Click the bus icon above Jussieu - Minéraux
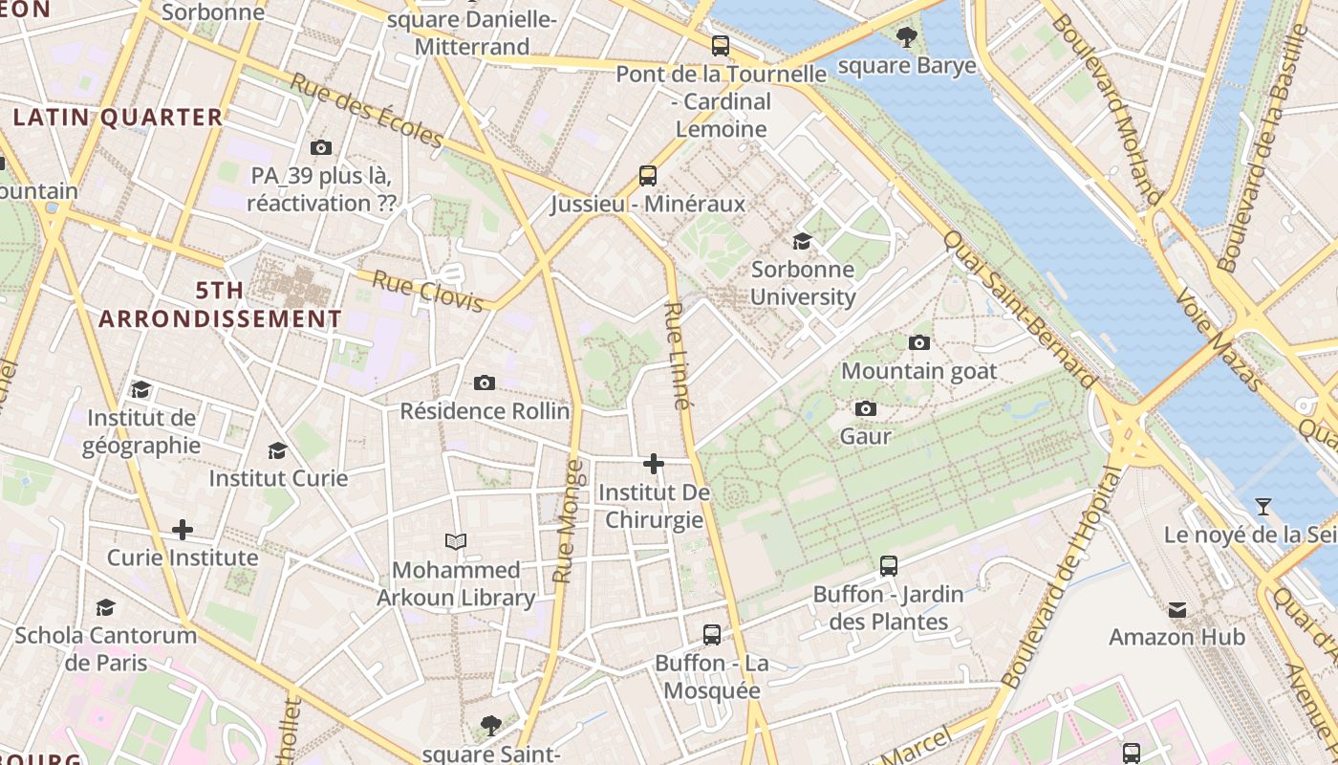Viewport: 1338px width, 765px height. click(x=648, y=175)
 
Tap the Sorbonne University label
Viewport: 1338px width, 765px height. click(x=803, y=283)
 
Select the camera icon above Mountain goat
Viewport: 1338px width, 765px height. click(x=918, y=342)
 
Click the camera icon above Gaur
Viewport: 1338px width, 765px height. click(x=866, y=408)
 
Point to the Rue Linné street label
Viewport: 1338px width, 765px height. click(x=677, y=356)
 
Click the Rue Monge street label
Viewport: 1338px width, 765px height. click(x=568, y=521)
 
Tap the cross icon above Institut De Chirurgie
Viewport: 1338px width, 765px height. click(x=654, y=464)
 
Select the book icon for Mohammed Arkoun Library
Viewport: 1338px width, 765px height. click(x=457, y=542)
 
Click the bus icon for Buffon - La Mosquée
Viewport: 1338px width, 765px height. click(x=712, y=634)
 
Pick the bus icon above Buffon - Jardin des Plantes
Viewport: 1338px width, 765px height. click(x=889, y=565)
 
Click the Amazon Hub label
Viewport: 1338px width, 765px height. click(x=1176, y=637)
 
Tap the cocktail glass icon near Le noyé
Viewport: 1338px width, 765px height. click(x=1263, y=506)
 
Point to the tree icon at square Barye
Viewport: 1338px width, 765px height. click(x=907, y=37)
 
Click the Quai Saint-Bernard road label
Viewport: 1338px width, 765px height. click(x=1019, y=308)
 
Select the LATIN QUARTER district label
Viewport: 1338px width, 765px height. click(x=119, y=118)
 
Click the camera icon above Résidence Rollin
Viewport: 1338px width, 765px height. click(x=485, y=382)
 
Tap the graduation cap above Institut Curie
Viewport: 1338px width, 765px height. click(x=277, y=449)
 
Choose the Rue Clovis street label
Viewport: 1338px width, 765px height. click(x=427, y=291)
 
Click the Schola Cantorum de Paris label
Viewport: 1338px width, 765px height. click(x=105, y=648)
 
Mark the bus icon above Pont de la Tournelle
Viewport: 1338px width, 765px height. click(x=721, y=45)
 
